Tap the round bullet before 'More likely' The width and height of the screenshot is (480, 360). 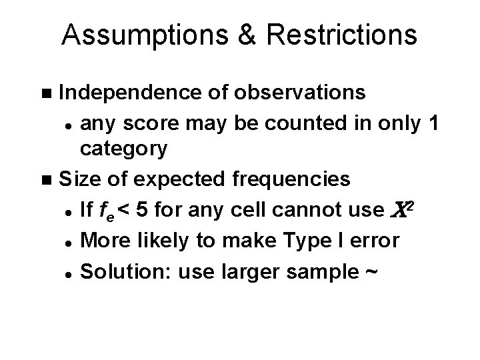coord(69,239)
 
